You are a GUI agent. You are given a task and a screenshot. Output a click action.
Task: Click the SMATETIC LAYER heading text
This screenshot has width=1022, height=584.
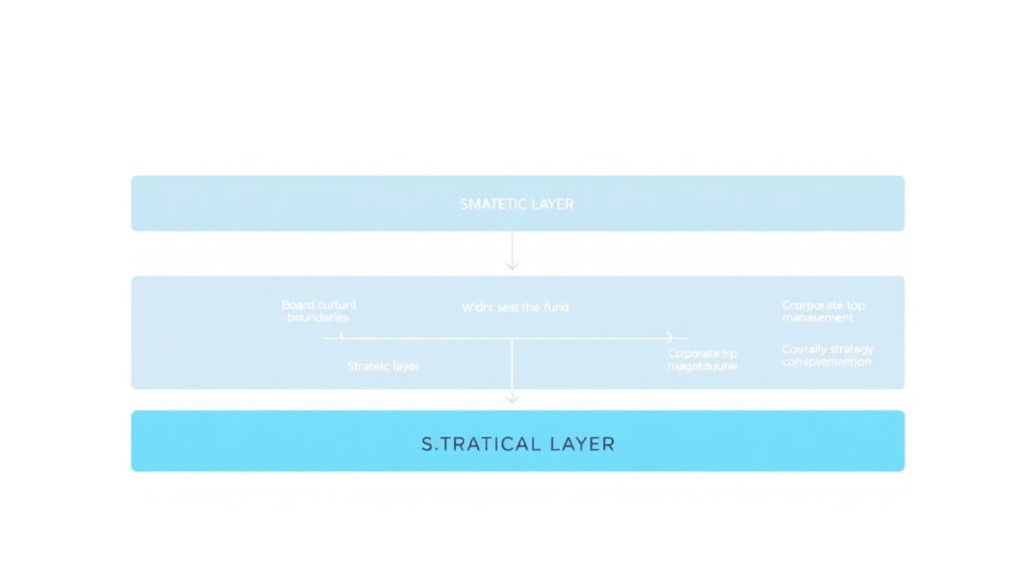click(516, 204)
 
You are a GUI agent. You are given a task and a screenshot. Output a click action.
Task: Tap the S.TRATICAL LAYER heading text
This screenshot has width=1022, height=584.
click(517, 443)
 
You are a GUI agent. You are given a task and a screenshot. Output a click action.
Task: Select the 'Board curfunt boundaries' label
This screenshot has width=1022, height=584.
click(318, 310)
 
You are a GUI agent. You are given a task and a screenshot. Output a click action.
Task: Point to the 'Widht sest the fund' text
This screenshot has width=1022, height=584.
click(515, 307)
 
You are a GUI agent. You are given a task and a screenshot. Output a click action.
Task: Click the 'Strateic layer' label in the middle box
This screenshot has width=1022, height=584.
click(383, 366)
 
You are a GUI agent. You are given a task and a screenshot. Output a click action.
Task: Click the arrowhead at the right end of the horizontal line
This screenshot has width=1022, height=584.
click(669, 338)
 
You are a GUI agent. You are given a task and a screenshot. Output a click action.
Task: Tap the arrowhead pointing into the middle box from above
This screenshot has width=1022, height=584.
click(512, 265)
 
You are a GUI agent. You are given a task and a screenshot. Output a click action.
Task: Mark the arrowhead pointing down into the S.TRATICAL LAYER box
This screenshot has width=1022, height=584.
click(512, 397)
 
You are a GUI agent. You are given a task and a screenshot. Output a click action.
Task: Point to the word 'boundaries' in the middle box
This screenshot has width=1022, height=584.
click(317, 317)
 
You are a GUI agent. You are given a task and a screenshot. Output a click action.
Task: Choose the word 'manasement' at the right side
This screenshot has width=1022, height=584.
click(817, 317)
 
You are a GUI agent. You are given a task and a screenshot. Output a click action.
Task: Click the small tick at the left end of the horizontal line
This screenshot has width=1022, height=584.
click(341, 336)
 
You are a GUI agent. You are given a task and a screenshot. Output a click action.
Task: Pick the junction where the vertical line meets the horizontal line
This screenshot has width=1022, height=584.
click(512, 339)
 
